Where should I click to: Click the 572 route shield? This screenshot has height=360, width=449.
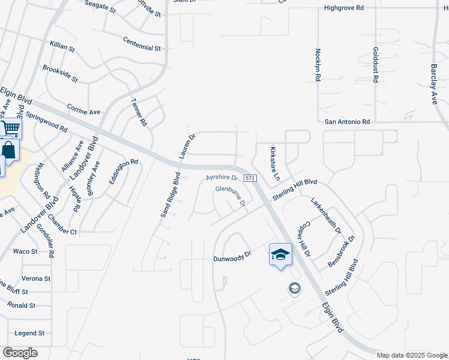[251, 178]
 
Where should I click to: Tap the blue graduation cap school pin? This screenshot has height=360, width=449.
[280, 254]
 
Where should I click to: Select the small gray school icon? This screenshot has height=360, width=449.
[294, 289]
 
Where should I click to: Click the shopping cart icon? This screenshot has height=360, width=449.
[10, 128]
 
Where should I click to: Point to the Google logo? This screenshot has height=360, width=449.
[20, 353]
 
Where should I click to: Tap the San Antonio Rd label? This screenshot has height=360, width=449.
[348, 122]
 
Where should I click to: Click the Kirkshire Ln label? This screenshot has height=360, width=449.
[275, 163]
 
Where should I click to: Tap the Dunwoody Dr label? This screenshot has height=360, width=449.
[231, 260]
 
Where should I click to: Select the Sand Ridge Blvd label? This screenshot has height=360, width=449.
[170, 195]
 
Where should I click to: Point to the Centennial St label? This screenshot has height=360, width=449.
[142, 43]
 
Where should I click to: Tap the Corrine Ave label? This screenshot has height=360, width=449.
[83, 112]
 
